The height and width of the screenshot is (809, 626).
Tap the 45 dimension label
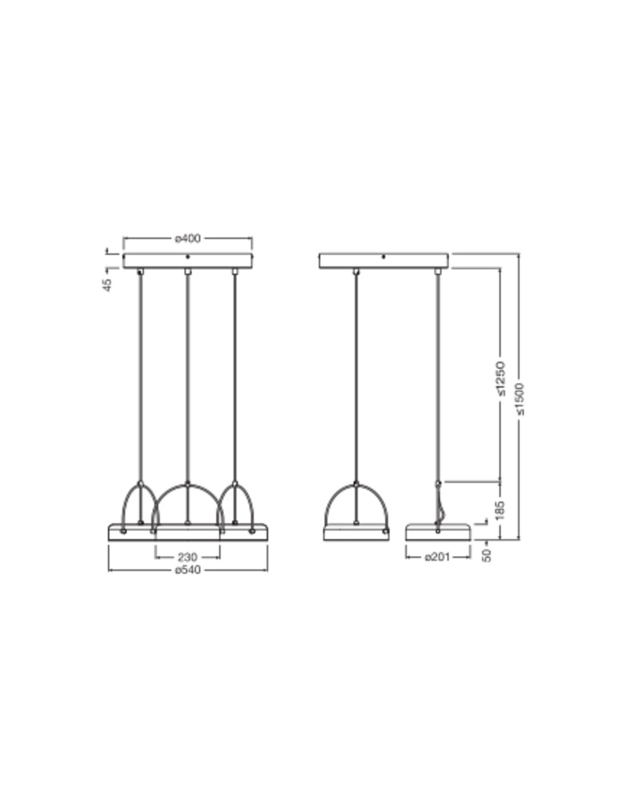[107, 285]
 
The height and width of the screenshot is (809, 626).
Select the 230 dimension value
[187, 557]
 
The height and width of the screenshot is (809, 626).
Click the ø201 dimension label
[437, 557]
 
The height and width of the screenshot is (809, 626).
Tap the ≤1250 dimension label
[501, 378]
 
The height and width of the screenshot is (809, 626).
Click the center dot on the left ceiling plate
[188, 257]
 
